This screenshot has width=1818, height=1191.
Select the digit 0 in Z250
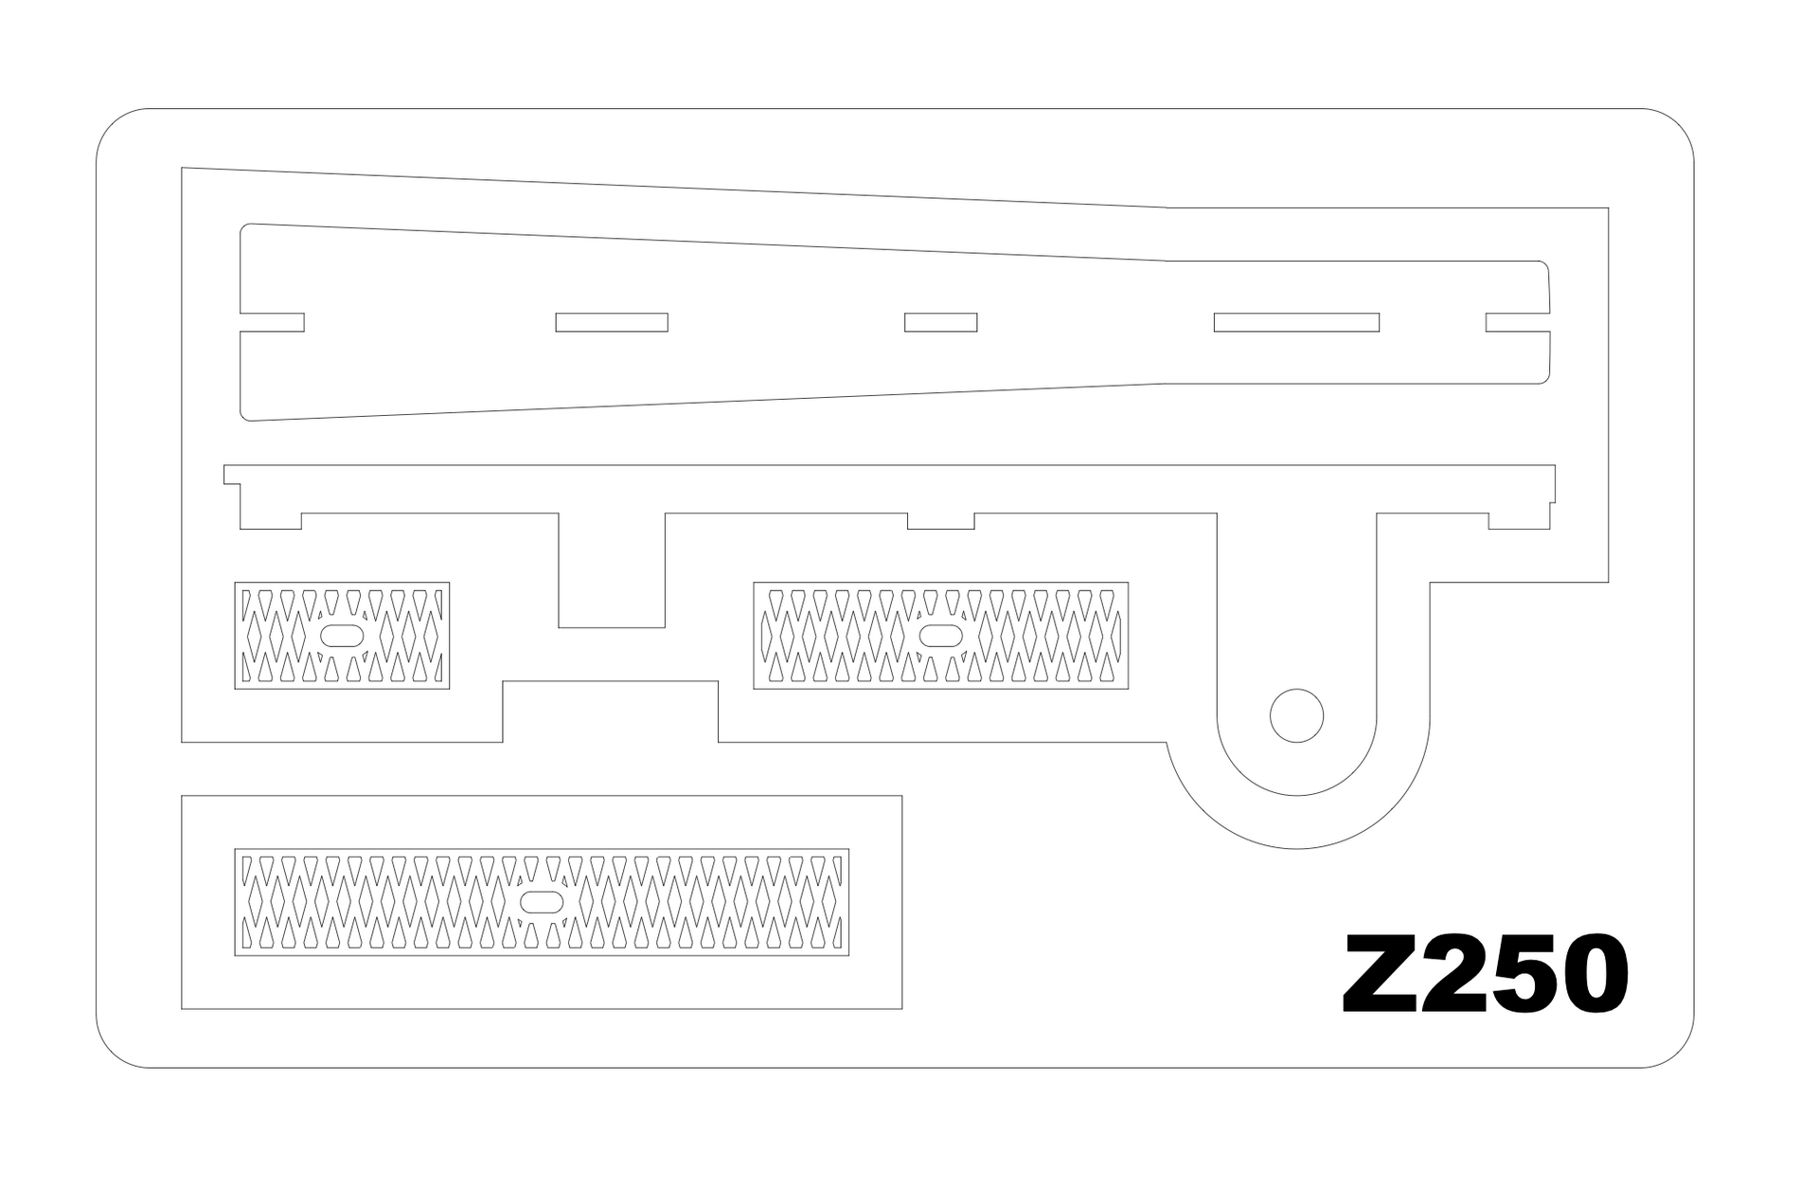pyautogui.click(x=1594, y=974)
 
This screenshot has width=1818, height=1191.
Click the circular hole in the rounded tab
pyautogui.click(x=1296, y=715)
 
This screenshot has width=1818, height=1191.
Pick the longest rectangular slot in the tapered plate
pyautogui.click(x=1296, y=322)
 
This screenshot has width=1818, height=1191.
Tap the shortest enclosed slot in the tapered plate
pyautogui.click(x=940, y=322)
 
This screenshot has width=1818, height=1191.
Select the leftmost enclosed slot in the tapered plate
pyautogui.click(x=612, y=322)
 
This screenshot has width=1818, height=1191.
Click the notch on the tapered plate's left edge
pyautogui.click(x=273, y=322)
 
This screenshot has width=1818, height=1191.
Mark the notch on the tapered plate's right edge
pyautogui.click(x=1518, y=322)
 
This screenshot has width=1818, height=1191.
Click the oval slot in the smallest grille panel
pyautogui.click(x=342, y=635)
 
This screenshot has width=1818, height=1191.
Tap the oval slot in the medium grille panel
pyautogui.click(x=941, y=635)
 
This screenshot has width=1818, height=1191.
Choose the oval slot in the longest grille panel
pyautogui.click(x=542, y=901)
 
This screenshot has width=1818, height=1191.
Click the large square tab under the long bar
pyautogui.click(x=612, y=569)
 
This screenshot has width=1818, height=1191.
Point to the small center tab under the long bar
pyautogui.click(x=941, y=520)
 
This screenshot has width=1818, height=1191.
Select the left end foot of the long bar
pyautogui.click(x=271, y=520)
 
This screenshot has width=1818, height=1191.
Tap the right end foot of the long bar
pyautogui.click(x=1519, y=520)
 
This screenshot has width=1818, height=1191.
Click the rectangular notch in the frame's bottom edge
pyautogui.click(x=611, y=712)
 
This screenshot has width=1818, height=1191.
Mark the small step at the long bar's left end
pyautogui.click(x=232, y=474)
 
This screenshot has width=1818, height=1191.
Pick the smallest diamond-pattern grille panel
pyautogui.click(x=342, y=635)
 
